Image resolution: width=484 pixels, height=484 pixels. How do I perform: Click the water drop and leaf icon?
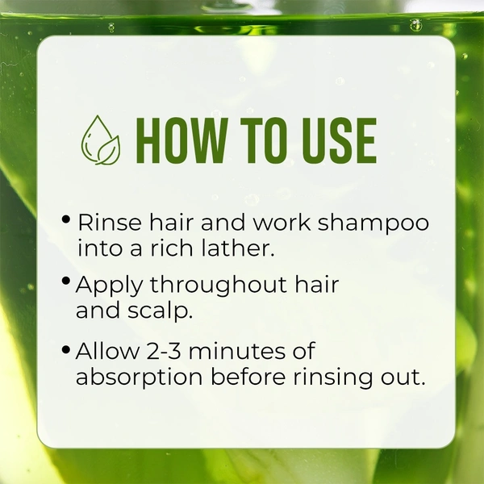[101, 140]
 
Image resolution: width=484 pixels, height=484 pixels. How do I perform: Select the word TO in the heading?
[261, 141]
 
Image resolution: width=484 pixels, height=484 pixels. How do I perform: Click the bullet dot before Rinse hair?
[66, 220]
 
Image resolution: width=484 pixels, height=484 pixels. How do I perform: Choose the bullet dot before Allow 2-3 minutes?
[66, 349]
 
